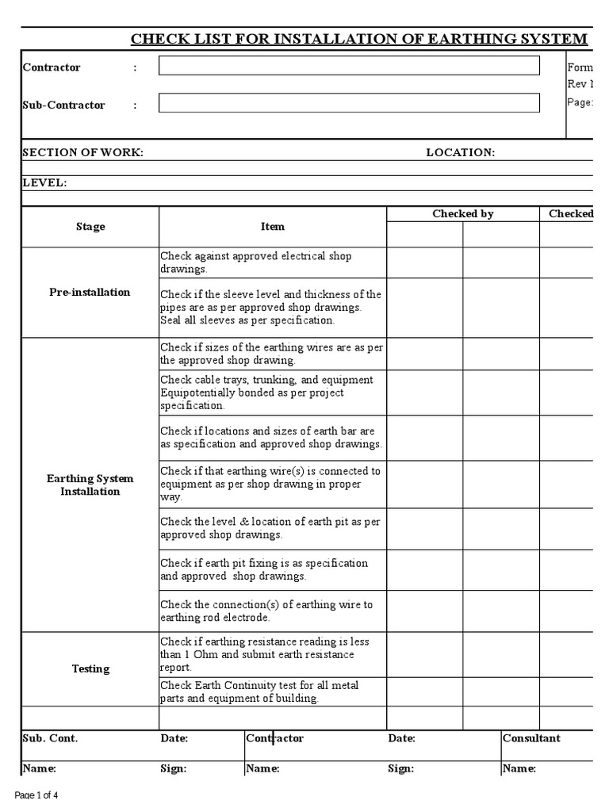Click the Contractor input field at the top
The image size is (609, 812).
tap(349, 66)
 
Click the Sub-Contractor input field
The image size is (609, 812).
tap(349, 103)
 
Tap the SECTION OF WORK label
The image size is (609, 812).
tap(83, 152)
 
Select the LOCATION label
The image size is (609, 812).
tap(460, 152)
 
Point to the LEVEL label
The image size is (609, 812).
tap(44, 183)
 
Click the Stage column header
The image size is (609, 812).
tap(90, 227)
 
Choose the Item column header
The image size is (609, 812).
tap(272, 227)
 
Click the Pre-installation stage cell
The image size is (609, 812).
tap(90, 292)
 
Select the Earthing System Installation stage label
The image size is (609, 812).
tap(90, 485)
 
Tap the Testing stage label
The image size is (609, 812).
tap(90, 668)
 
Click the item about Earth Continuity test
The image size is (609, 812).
tap(262, 691)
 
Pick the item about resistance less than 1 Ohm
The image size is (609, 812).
tap(264, 654)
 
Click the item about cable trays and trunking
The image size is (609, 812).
tap(266, 393)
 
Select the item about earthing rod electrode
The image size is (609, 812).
tap(266, 611)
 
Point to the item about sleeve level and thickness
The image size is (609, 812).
tap(270, 307)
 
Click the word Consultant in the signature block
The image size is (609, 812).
tap(531, 738)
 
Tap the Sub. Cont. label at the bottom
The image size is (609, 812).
tap(50, 738)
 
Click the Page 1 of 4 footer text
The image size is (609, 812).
tap(37, 795)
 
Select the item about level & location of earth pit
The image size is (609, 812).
tap(270, 528)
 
